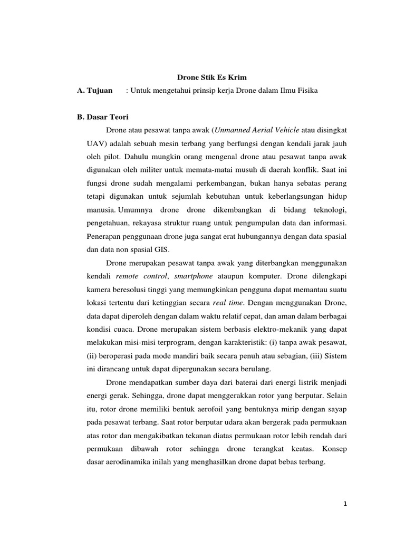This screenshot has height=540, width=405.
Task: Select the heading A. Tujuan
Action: tap(95, 91)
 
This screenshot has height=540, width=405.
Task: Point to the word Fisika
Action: tap(306, 91)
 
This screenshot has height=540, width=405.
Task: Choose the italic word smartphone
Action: tap(194, 276)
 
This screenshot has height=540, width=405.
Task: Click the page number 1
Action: tap(345, 505)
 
